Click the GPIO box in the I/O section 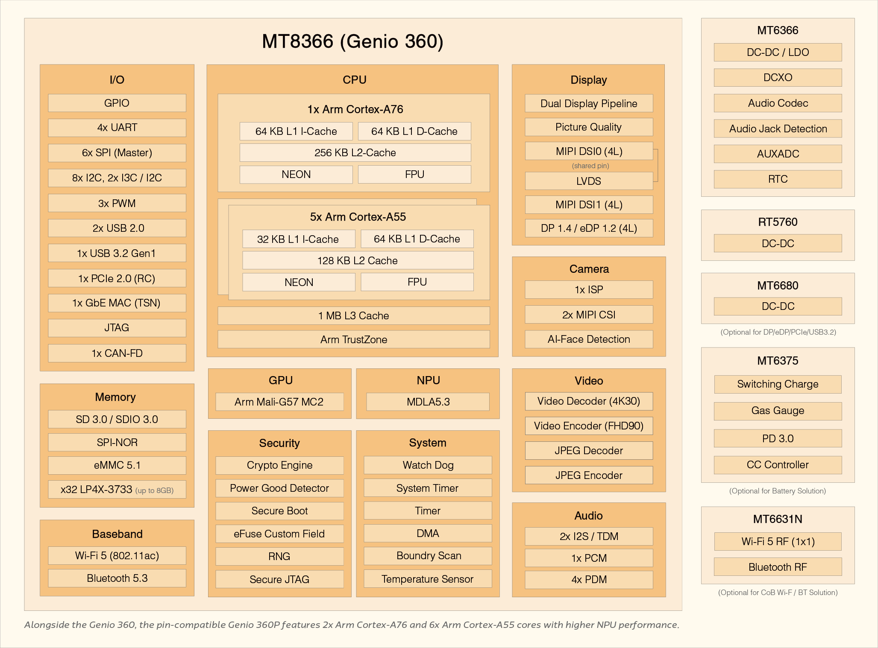(x=117, y=103)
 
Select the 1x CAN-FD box (x=117, y=353)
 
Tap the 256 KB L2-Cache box (x=355, y=152)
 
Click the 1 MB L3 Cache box (x=353, y=315)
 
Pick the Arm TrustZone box (x=353, y=339)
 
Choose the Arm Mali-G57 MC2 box (x=279, y=402)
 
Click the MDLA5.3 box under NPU (x=428, y=402)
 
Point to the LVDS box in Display (x=588, y=181)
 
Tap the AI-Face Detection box (x=588, y=339)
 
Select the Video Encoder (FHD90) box (x=588, y=426)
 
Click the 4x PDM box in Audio (x=588, y=579)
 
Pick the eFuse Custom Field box (x=279, y=534)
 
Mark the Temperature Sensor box (x=427, y=579)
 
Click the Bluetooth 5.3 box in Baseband (x=117, y=578)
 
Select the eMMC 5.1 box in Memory (x=117, y=465)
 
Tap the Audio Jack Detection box (x=778, y=128)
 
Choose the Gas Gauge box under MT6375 (x=778, y=411)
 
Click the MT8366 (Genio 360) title (x=352, y=41)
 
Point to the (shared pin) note (x=590, y=166)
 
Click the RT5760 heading (x=778, y=222)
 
